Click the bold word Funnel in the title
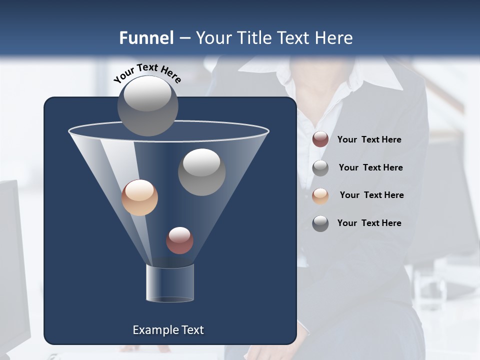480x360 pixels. coord(146,38)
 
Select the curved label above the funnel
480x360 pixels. coord(147,73)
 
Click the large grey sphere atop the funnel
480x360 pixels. coord(148,105)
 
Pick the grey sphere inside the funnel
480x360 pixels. coord(201,172)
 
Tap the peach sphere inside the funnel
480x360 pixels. coord(139,197)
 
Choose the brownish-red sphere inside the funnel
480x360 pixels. coord(179,240)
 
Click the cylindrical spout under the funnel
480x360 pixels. coord(170,283)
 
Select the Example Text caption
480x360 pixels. coord(168,330)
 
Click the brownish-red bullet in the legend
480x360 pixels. coord(320,139)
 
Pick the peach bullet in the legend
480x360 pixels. coord(320,195)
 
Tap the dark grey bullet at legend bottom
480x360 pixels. coord(320,223)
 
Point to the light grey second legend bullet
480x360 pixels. coord(320,167)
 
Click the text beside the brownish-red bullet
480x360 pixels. coord(369,139)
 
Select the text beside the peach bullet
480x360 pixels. coord(371,195)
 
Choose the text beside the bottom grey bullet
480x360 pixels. coord(369,223)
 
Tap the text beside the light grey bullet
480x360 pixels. coord(370,167)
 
